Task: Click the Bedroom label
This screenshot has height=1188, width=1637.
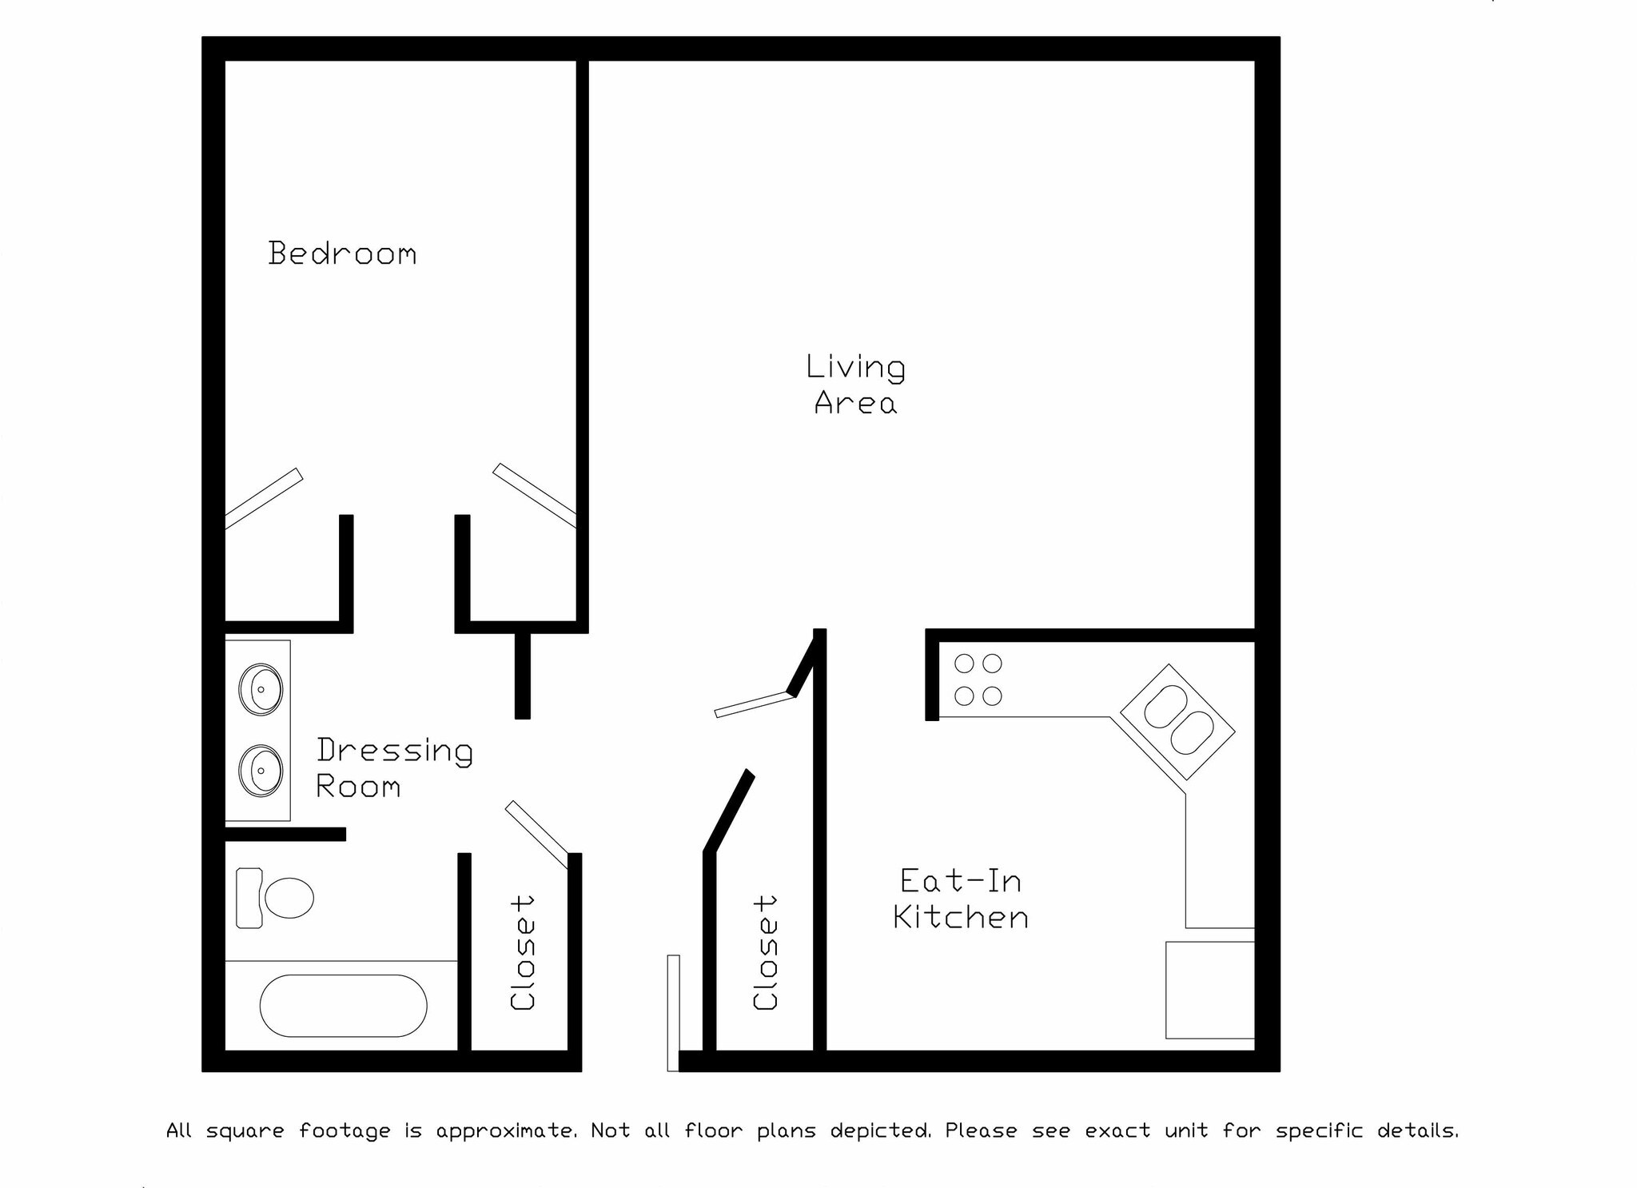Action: click(x=342, y=253)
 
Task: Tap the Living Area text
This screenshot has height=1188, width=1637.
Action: click(x=855, y=385)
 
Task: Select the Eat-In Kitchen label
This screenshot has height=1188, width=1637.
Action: click(x=961, y=899)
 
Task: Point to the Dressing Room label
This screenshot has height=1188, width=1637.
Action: click(x=394, y=767)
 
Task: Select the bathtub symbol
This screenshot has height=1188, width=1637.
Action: click(x=343, y=1005)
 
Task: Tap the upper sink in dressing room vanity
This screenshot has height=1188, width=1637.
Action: click(x=261, y=688)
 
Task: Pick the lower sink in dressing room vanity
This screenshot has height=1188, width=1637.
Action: click(x=261, y=770)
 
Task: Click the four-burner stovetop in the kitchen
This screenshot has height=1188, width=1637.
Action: click(x=978, y=680)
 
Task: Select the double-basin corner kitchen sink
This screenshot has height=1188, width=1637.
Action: click(x=1177, y=721)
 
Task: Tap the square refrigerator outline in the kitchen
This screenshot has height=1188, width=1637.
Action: click(x=1209, y=990)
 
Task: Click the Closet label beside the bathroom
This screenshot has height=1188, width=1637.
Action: click(x=523, y=952)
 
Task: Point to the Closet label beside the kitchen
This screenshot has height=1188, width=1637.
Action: click(x=765, y=952)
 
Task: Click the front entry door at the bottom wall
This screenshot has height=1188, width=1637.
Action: click(x=673, y=1012)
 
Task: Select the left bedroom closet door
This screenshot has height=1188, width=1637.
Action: click(x=264, y=498)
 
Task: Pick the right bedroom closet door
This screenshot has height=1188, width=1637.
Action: click(x=534, y=495)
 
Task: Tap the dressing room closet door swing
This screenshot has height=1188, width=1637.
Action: click(x=536, y=834)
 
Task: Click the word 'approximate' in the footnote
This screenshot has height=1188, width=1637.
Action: click(x=506, y=1131)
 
